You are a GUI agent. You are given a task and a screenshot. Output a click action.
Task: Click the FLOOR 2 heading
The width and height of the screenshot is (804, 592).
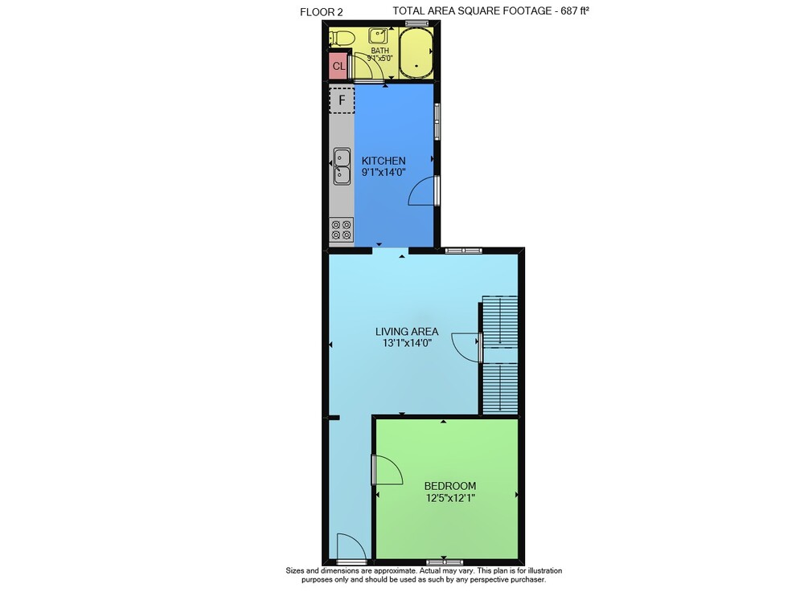[322, 12]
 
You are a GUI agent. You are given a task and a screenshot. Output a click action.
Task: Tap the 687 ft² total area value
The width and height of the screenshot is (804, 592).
[574, 10]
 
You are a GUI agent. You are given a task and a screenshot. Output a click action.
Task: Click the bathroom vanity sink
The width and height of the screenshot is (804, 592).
[378, 35]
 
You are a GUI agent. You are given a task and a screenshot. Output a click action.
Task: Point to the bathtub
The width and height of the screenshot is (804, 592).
[416, 53]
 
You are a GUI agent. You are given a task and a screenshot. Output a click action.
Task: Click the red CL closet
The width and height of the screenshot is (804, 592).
[338, 66]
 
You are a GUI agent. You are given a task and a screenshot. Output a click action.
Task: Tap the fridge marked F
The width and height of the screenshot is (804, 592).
[342, 100]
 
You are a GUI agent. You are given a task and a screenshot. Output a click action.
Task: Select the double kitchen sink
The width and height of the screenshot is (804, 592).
[342, 166]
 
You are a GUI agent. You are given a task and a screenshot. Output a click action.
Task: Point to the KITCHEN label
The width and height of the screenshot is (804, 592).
[384, 161]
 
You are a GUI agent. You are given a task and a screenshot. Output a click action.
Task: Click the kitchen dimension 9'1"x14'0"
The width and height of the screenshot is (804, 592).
[384, 173]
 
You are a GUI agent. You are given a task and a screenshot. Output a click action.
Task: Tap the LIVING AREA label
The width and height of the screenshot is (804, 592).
[407, 332]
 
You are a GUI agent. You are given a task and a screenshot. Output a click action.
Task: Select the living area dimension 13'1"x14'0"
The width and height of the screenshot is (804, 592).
[407, 343]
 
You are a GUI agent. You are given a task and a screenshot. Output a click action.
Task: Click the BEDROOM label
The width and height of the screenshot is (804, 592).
[449, 486]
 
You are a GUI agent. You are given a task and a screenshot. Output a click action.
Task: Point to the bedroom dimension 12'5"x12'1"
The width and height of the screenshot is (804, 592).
[450, 497]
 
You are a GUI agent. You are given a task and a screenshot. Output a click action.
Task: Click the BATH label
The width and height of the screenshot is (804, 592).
[380, 51]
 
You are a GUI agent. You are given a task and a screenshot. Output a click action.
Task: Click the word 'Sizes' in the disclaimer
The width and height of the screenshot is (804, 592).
[295, 570]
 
